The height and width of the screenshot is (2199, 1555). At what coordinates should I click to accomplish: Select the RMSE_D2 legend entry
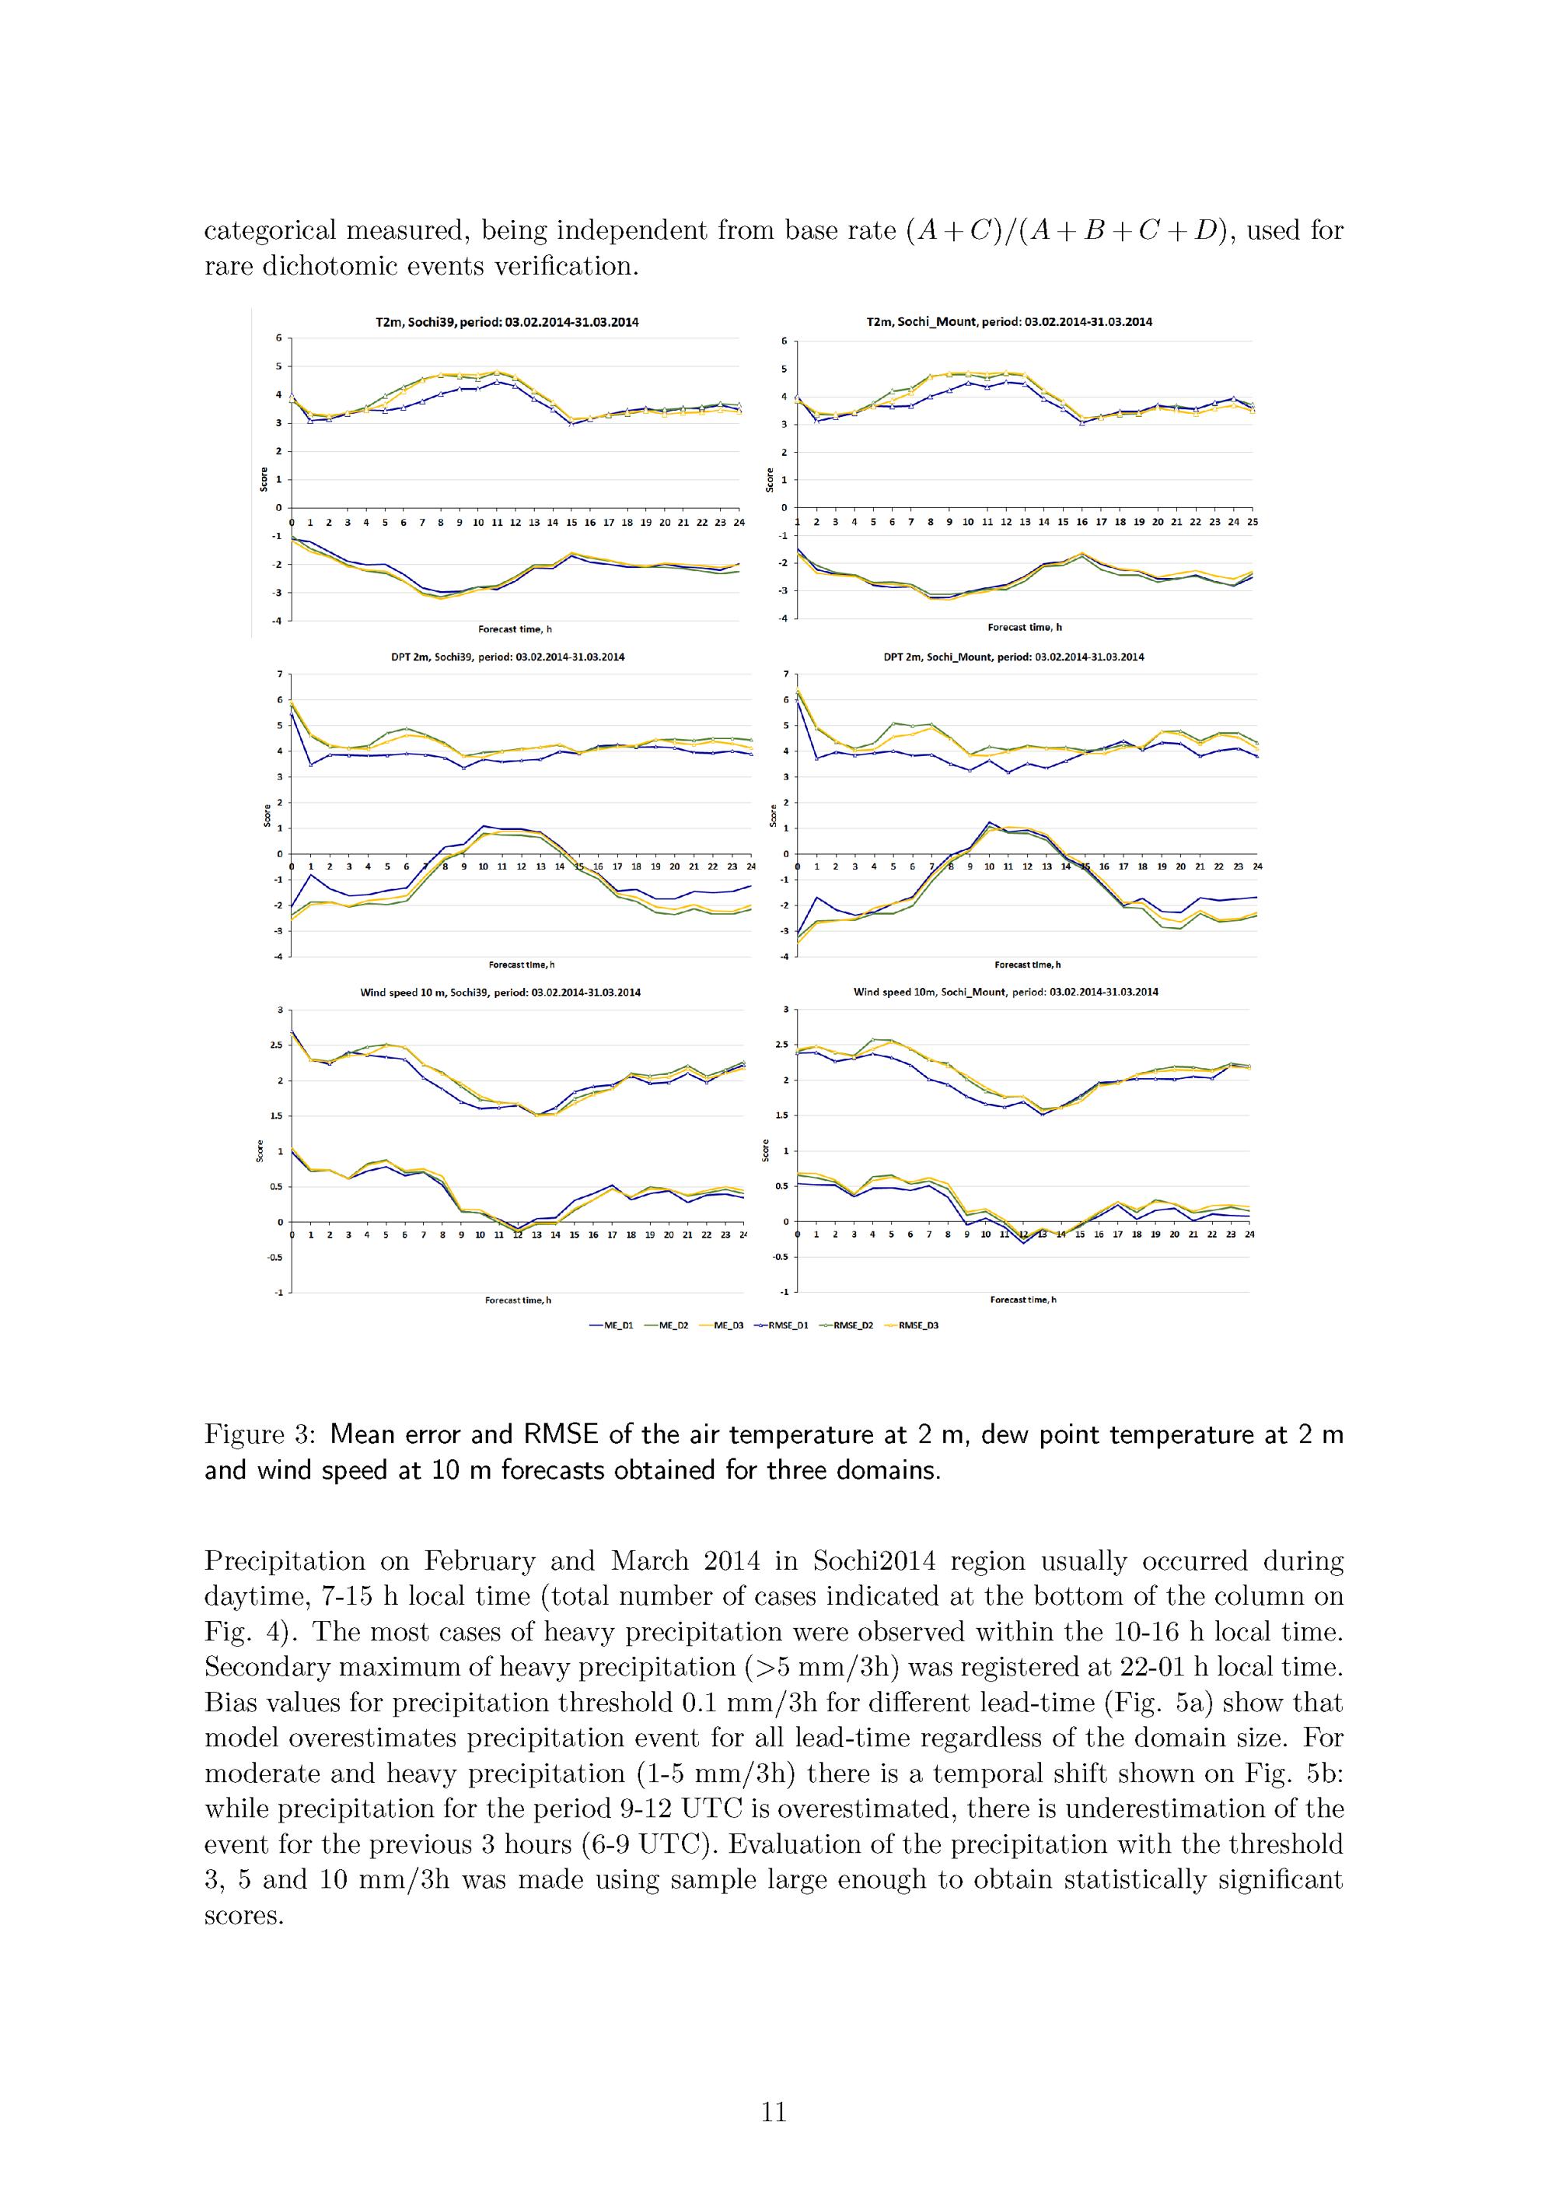tap(847, 1325)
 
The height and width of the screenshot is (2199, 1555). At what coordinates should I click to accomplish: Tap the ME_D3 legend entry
tap(728, 1325)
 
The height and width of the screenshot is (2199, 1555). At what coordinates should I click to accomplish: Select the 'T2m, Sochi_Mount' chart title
tap(1009, 323)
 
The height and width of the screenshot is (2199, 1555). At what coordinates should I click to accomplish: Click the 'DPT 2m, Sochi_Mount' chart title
tap(1013, 657)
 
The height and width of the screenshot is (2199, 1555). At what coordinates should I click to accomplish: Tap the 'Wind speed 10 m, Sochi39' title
tap(500, 993)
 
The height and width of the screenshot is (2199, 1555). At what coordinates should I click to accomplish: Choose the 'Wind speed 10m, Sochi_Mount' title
tap(1005, 993)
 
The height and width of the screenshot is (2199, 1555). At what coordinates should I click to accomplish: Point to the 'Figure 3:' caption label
tap(260, 1434)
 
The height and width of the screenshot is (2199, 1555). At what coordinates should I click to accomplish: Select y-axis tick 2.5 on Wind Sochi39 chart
tap(274, 1045)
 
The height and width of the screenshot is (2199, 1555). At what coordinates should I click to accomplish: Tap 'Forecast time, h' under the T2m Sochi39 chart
tap(514, 629)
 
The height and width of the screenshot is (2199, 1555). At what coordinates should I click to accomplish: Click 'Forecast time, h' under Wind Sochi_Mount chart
tap(1022, 1300)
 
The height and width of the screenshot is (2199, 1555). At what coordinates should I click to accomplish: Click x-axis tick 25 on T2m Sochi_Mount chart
tap(1253, 522)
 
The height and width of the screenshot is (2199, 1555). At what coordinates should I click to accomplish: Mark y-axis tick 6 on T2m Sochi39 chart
tap(278, 337)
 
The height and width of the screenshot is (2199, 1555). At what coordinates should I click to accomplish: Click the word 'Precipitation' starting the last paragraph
tap(285, 1562)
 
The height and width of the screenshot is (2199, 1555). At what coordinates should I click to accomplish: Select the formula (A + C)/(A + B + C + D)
tap(1063, 231)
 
